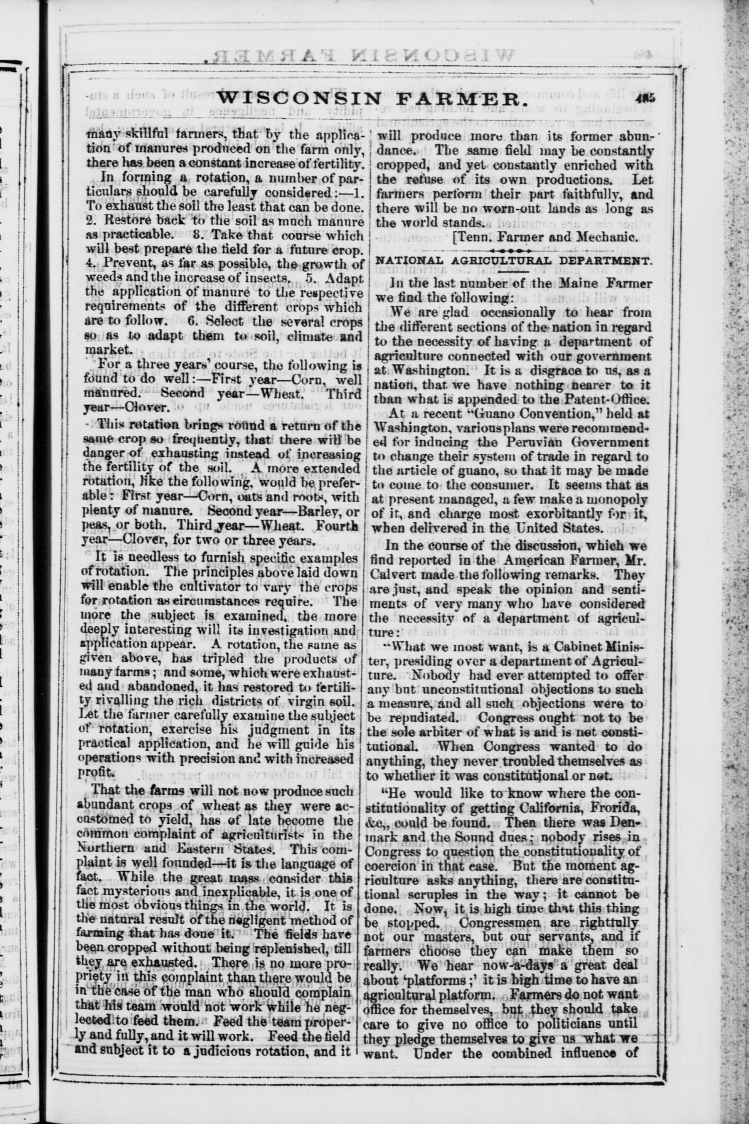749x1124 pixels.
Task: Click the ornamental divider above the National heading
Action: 512,250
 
